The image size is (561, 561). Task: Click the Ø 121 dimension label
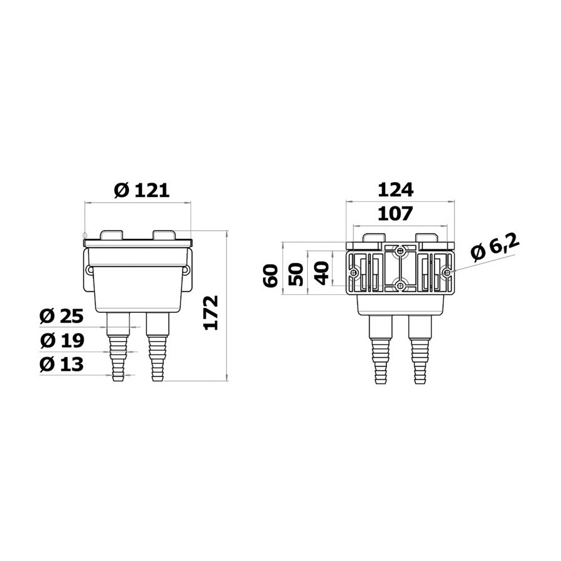click(141, 190)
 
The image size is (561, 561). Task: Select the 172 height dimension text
click(211, 313)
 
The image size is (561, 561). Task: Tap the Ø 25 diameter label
click(62, 316)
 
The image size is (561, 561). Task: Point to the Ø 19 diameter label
click(62, 340)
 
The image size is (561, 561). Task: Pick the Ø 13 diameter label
click(62, 364)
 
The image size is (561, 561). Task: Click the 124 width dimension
click(396, 189)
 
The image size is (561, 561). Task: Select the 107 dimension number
click(395, 214)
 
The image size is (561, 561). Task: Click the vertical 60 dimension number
click(270, 276)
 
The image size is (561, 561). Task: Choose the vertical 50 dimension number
click(295, 274)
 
